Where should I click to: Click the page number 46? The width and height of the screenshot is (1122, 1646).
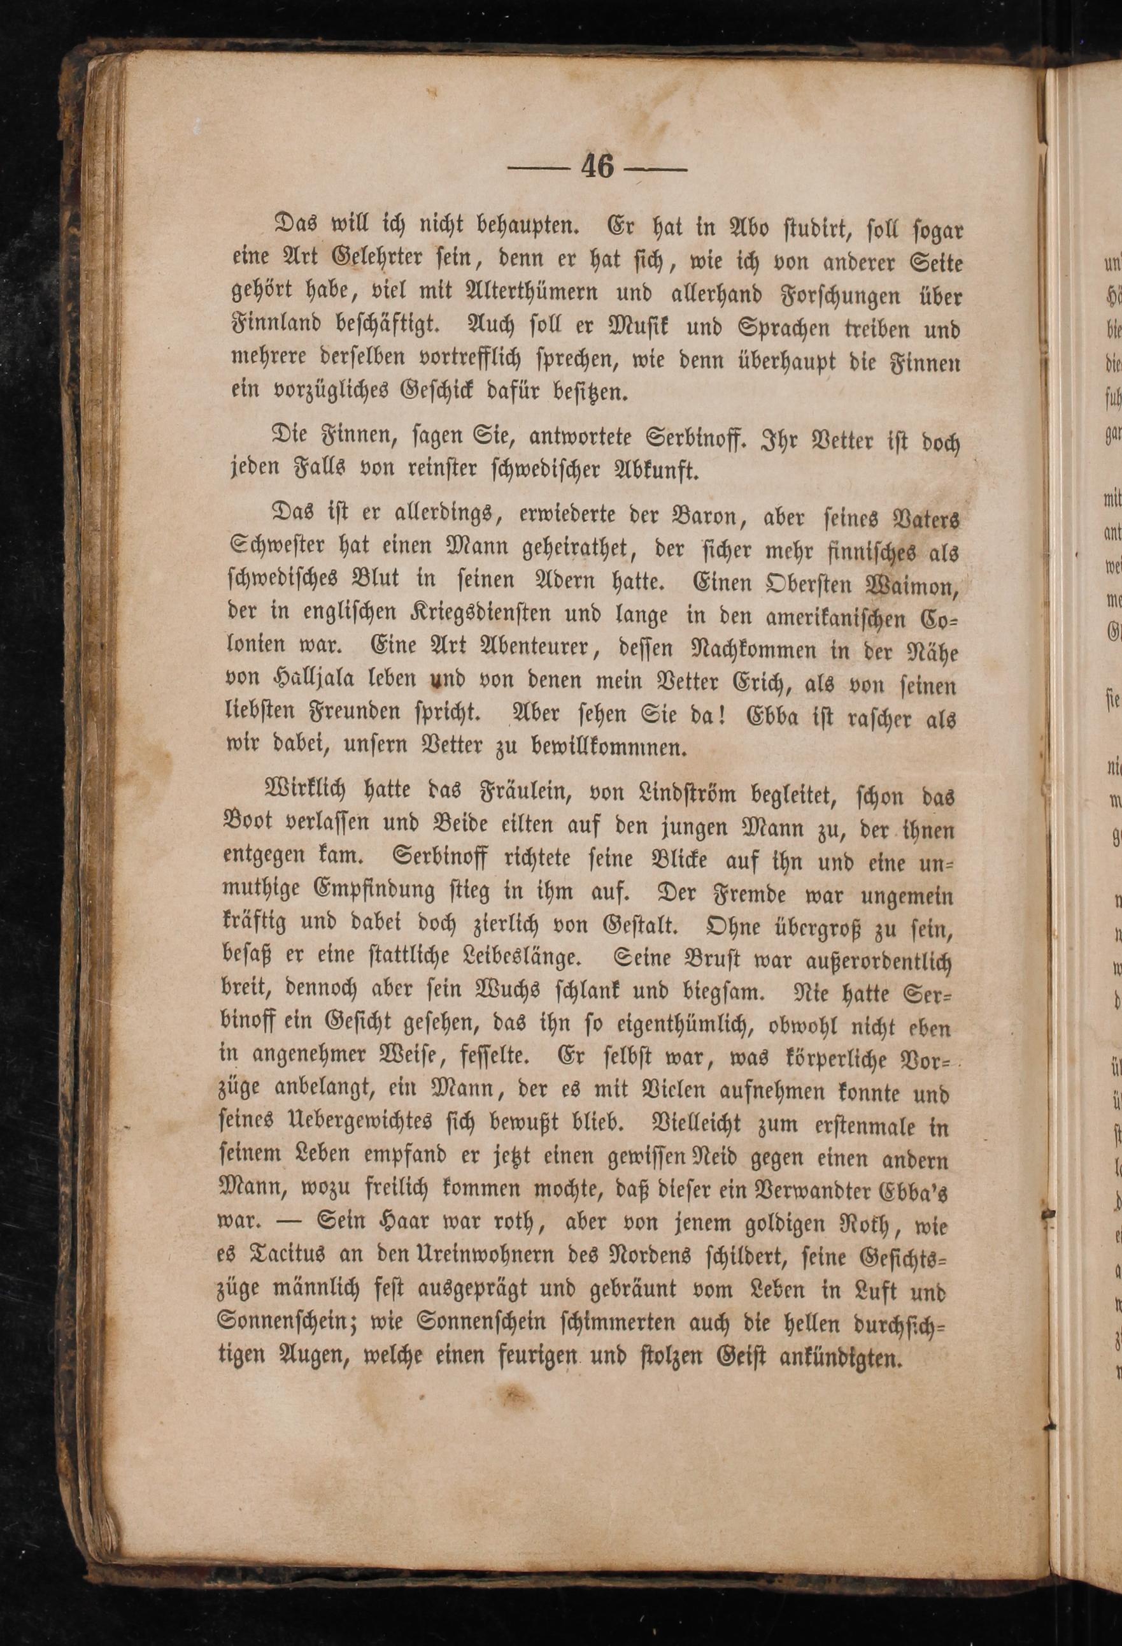(597, 168)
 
